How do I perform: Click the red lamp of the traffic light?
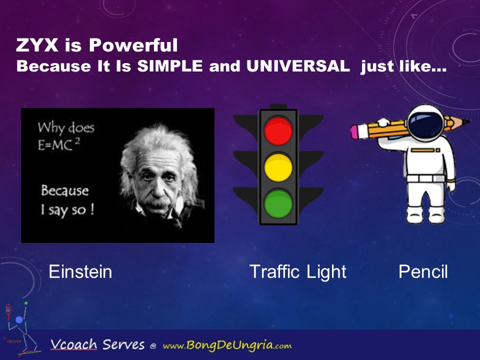(x=278, y=131)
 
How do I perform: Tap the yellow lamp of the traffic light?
(x=278, y=167)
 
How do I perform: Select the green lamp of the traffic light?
(x=278, y=203)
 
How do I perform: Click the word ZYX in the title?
(x=37, y=45)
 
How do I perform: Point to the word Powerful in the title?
(x=133, y=45)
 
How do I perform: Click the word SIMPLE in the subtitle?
(x=170, y=66)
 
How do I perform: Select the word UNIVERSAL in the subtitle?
(x=298, y=66)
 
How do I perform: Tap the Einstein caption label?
(x=80, y=271)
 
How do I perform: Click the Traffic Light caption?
(x=298, y=272)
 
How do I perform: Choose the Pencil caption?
(x=423, y=271)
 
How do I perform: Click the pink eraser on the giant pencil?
(x=355, y=131)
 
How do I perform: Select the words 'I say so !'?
(x=67, y=210)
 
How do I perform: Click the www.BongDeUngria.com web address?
(x=227, y=345)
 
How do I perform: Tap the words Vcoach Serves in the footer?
(x=97, y=344)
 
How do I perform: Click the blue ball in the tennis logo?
(x=19, y=320)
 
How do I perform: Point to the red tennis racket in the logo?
(x=8, y=311)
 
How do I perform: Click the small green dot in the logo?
(x=26, y=303)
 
